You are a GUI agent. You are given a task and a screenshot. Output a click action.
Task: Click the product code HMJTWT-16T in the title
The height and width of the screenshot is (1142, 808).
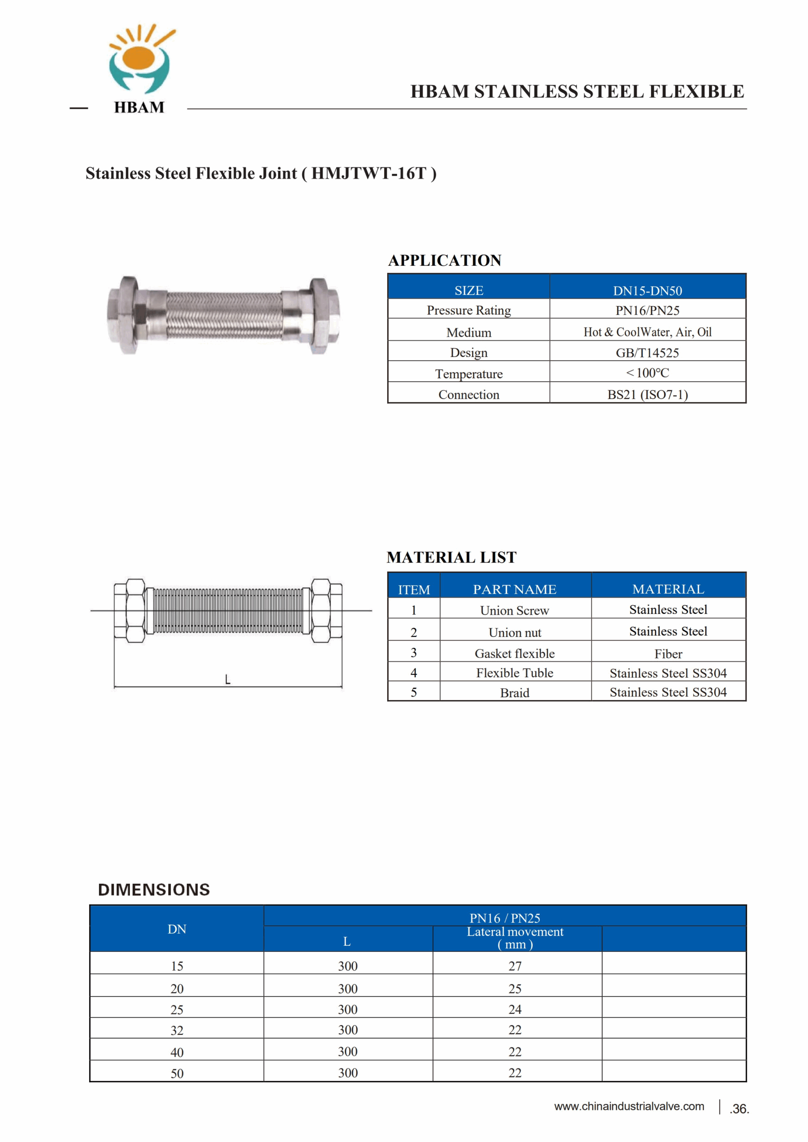click(368, 174)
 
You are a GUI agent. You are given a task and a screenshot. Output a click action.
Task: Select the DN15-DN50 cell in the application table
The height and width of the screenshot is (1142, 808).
click(647, 290)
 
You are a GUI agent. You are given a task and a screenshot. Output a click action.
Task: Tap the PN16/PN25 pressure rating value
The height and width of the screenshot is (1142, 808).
click(647, 311)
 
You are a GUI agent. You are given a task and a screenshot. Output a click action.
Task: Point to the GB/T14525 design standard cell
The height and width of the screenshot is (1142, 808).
click(647, 353)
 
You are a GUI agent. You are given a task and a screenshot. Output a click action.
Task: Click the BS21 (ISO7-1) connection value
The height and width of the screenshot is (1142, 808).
click(647, 394)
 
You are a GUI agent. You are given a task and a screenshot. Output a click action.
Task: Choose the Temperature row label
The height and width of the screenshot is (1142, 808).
click(468, 374)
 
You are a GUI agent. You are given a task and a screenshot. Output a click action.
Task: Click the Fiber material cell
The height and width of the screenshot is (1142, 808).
click(668, 654)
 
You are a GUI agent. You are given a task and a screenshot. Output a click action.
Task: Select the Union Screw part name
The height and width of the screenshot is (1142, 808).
click(514, 611)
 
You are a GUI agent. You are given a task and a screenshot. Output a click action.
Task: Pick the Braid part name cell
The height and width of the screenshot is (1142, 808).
click(514, 693)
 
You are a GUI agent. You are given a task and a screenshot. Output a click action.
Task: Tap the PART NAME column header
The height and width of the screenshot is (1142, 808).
click(514, 589)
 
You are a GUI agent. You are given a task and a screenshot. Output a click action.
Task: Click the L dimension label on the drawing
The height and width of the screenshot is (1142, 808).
click(228, 679)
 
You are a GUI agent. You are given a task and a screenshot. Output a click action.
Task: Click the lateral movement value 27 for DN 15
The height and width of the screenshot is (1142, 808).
click(515, 966)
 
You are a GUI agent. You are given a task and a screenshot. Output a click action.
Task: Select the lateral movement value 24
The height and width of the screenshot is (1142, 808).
click(515, 1010)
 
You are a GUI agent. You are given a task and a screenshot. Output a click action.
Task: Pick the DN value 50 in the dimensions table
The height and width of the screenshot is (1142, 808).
click(177, 1073)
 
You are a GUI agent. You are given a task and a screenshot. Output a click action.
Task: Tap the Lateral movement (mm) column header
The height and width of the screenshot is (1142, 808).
click(515, 938)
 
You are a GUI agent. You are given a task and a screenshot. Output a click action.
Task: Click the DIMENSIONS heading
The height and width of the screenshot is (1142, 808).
click(154, 890)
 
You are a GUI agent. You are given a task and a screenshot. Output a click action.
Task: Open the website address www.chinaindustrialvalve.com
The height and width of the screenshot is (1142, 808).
click(629, 1106)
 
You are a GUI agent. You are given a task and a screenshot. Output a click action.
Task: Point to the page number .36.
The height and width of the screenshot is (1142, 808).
click(739, 1109)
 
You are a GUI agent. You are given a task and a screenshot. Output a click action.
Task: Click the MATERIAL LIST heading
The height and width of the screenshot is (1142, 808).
click(451, 558)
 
